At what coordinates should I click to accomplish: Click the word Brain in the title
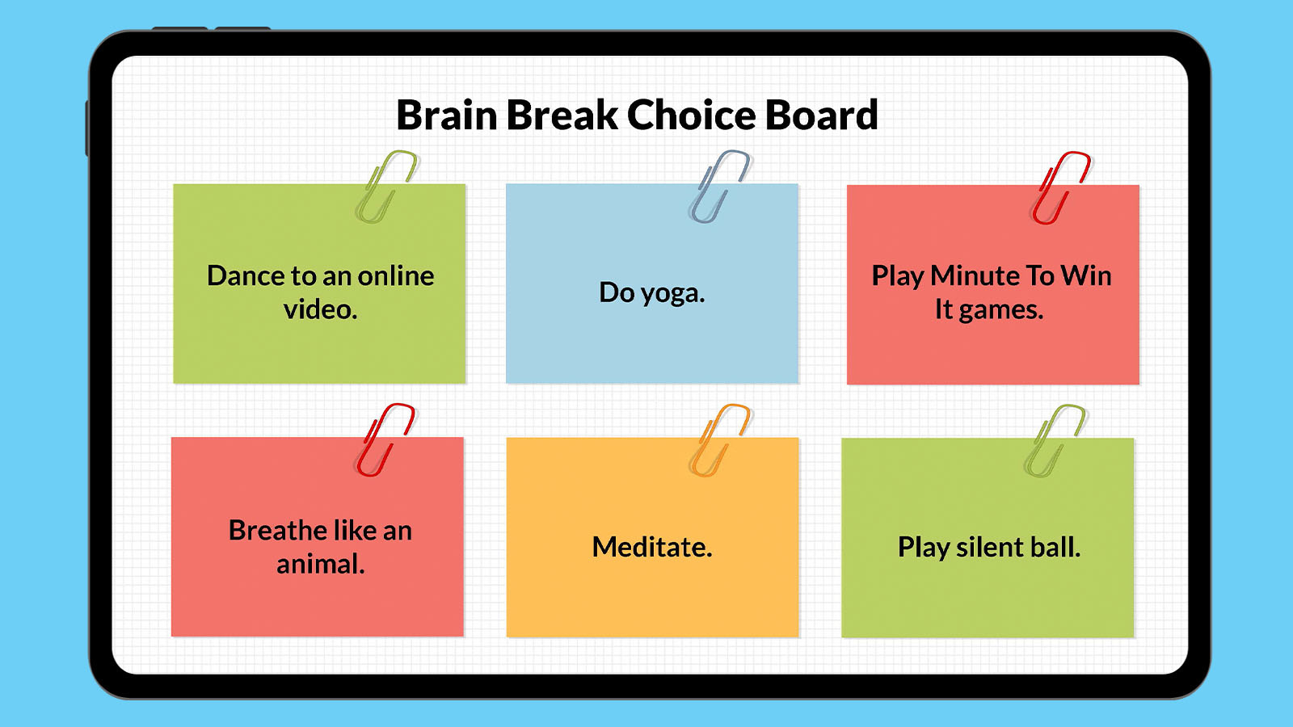point(446,116)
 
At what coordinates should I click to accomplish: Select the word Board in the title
point(821,116)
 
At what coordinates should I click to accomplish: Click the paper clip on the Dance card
point(385,187)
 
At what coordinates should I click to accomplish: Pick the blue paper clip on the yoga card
point(718,187)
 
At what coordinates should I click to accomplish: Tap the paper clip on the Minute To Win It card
point(1059,188)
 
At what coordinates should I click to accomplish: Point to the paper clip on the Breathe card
point(384,440)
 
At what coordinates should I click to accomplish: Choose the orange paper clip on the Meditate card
point(718,441)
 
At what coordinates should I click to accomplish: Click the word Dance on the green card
point(246,276)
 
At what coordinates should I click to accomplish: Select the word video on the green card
point(318,309)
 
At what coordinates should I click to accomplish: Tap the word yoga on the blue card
point(672,293)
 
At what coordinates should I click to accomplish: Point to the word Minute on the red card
point(973,276)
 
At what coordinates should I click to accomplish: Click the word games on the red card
point(1000,310)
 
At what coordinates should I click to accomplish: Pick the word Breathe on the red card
point(277,531)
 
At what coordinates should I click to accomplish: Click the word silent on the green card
point(990,548)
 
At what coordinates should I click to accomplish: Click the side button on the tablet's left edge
point(87,128)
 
